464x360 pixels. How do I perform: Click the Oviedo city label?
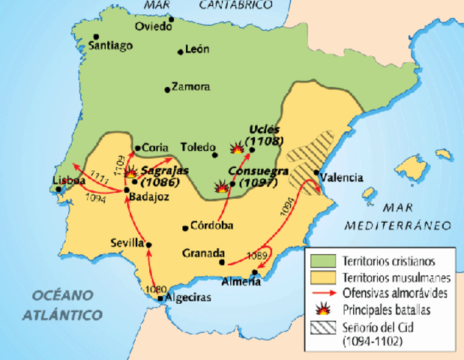point(152,28)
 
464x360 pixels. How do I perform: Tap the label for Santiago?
point(110,46)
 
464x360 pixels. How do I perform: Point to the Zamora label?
point(190,87)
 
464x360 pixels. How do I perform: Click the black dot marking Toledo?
point(215,155)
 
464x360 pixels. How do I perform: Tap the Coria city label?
point(155,147)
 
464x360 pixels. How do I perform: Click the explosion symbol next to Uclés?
point(238,148)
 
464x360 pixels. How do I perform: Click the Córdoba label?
point(211,226)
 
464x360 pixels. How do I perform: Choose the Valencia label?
point(340,178)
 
